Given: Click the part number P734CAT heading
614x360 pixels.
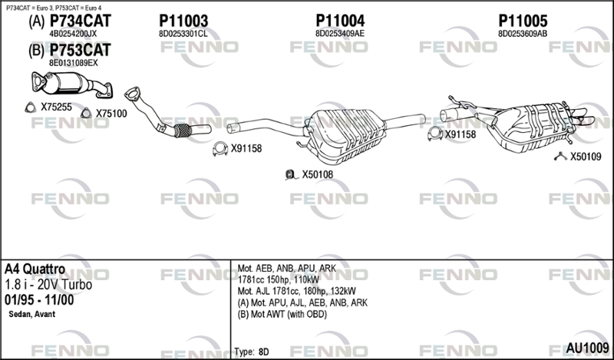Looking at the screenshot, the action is pyautogui.click(x=81, y=21).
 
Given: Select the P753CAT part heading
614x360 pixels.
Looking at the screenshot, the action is pyautogui.click(x=81, y=50).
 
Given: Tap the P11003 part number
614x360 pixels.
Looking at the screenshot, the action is pyautogui.click(x=183, y=21).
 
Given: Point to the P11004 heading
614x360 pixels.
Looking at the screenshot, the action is pyautogui.click(x=340, y=21).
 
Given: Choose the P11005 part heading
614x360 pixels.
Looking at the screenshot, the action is pyautogui.click(x=523, y=21).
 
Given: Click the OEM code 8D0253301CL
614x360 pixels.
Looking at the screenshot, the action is pyautogui.click(x=183, y=34).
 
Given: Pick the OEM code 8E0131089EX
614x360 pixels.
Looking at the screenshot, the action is pyautogui.click(x=73, y=63).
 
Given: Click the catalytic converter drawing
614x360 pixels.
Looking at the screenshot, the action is pyautogui.click(x=72, y=84).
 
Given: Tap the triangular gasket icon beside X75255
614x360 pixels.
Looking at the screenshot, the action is pyautogui.click(x=30, y=107).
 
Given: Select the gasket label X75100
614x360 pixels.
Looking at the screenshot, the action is pyautogui.click(x=111, y=114).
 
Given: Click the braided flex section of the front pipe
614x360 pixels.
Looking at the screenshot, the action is pyautogui.click(x=183, y=130).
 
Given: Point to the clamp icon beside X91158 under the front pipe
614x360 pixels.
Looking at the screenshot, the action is pyautogui.click(x=220, y=149).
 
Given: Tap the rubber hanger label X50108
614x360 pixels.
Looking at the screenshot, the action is pyautogui.click(x=317, y=175).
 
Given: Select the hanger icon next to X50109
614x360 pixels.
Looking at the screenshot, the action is pyautogui.click(x=561, y=157).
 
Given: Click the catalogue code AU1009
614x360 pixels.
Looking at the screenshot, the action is pyautogui.click(x=587, y=348).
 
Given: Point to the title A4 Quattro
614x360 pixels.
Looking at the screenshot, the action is pyautogui.click(x=35, y=269).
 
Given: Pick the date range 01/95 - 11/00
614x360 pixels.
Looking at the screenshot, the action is pyautogui.click(x=39, y=300).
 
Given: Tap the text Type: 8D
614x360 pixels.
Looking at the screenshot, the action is pyautogui.click(x=252, y=352).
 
